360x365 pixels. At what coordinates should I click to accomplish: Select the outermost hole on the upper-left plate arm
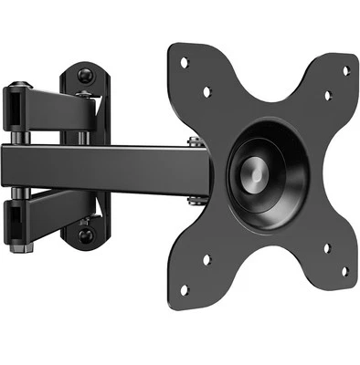(x=184, y=62)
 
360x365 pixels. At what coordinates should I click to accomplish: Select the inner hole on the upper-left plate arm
(x=206, y=91)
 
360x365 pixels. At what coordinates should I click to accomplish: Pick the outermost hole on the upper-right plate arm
(x=345, y=70)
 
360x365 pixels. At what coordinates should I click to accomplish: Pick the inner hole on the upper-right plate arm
(x=327, y=96)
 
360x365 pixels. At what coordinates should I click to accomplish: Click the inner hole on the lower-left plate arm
(x=206, y=259)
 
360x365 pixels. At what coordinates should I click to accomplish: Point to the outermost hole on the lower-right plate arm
(x=344, y=271)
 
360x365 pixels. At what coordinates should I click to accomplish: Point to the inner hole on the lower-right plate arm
(x=326, y=247)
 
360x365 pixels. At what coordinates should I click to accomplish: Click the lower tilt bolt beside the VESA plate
(x=195, y=199)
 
